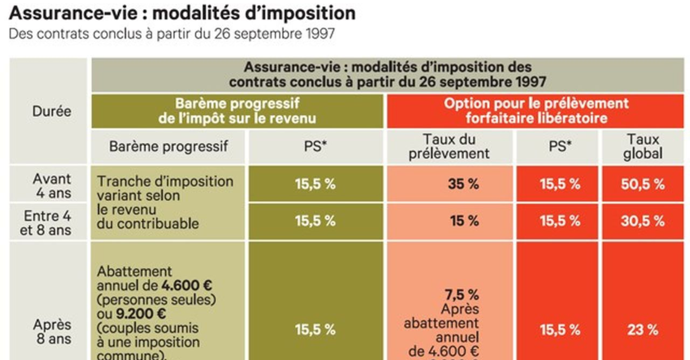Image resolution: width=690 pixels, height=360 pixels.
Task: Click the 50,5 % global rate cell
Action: tap(643, 184)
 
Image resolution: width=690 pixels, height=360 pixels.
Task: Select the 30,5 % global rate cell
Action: tap(643, 221)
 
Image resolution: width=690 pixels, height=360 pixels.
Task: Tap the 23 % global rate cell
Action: tap(643, 330)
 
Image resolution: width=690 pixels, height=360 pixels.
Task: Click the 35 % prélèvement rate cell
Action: tap(463, 184)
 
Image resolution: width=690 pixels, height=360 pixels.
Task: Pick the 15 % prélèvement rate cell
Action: tap(464, 221)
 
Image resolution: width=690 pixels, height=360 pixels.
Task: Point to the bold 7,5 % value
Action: tap(461, 295)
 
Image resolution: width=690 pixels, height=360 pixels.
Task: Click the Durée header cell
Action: tap(51, 111)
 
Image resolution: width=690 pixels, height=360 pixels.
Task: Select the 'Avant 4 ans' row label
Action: tap(52, 186)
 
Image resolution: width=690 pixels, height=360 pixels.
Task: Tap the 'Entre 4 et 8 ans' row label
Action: tap(46, 223)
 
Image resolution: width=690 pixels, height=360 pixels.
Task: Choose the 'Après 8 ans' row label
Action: tap(52, 332)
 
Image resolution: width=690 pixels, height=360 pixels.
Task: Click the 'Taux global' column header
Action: tap(643, 147)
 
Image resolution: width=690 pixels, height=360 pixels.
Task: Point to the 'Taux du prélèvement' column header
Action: tap(449, 147)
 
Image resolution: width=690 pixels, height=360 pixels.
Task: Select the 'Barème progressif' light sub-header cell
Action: tap(168, 147)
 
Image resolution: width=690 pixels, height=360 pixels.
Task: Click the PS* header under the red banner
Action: tap(559, 147)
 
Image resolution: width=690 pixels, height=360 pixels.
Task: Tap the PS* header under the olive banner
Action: tap(315, 147)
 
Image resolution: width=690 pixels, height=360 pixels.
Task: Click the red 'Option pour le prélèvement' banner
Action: tap(536, 111)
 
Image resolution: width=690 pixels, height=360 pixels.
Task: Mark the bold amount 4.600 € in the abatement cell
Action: tap(187, 285)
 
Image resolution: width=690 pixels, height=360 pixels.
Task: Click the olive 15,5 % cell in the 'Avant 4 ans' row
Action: tap(315, 184)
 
